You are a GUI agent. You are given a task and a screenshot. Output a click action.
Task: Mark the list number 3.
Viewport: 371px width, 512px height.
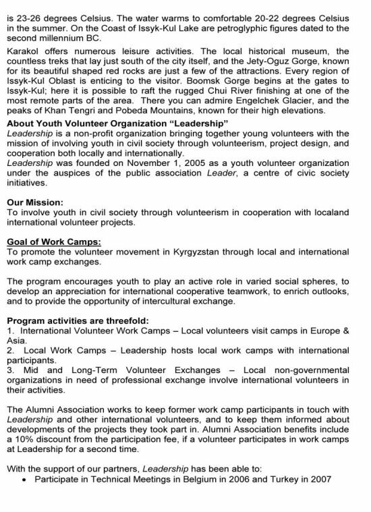coord(8,370)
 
